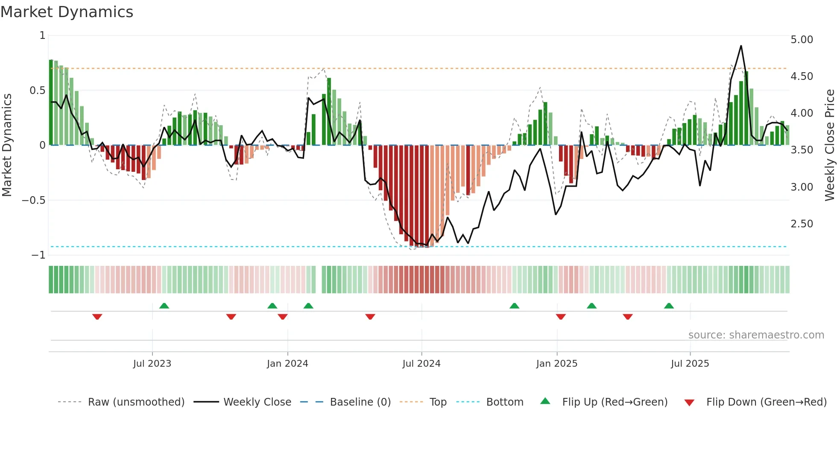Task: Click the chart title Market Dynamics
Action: click(67, 12)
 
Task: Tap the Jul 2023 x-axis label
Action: click(152, 364)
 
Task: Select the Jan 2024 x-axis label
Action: click(287, 364)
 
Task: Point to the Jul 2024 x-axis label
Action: click(421, 364)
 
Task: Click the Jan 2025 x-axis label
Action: click(557, 364)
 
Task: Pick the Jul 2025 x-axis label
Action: click(690, 364)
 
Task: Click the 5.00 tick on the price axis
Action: click(802, 40)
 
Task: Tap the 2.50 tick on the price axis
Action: click(802, 224)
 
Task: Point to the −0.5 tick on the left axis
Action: click(34, 200)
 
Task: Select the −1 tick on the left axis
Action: click(38, 255)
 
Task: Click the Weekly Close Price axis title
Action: click(829, 145)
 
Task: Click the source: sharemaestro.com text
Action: click(756, 335)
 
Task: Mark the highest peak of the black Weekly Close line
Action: click(741, 46)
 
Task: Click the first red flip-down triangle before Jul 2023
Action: click(97, 317)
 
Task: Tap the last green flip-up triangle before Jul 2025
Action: click(669, 306)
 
